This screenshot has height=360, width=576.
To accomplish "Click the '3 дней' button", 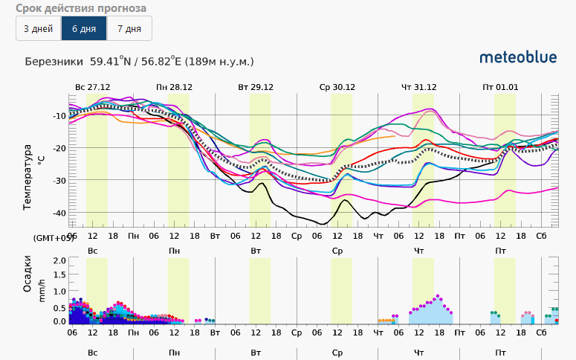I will point(38,28).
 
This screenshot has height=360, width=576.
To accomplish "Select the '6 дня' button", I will point(84,28).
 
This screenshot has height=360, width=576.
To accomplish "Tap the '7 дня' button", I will point(129,28).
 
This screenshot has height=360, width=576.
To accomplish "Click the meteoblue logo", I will point(517,57).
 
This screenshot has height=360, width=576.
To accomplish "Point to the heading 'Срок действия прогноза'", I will point(81,8).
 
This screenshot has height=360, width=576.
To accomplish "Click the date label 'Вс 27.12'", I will point(92,87).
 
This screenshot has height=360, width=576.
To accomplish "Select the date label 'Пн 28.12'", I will point(174,87).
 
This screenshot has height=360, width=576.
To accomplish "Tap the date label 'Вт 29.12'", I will point(256,87).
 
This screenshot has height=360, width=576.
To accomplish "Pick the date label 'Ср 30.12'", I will point(337,87).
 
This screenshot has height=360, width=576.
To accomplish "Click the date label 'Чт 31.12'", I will point(419,87).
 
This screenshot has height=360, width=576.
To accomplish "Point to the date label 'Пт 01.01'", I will point(500,87).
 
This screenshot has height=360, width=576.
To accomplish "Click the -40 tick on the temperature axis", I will point(59,213).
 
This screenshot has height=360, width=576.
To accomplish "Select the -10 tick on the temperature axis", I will point(59,116).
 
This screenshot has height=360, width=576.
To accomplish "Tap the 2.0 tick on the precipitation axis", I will point(59,261).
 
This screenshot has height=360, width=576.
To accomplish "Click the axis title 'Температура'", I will point(28,167).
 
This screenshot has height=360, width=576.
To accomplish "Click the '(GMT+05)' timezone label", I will point(54,237).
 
